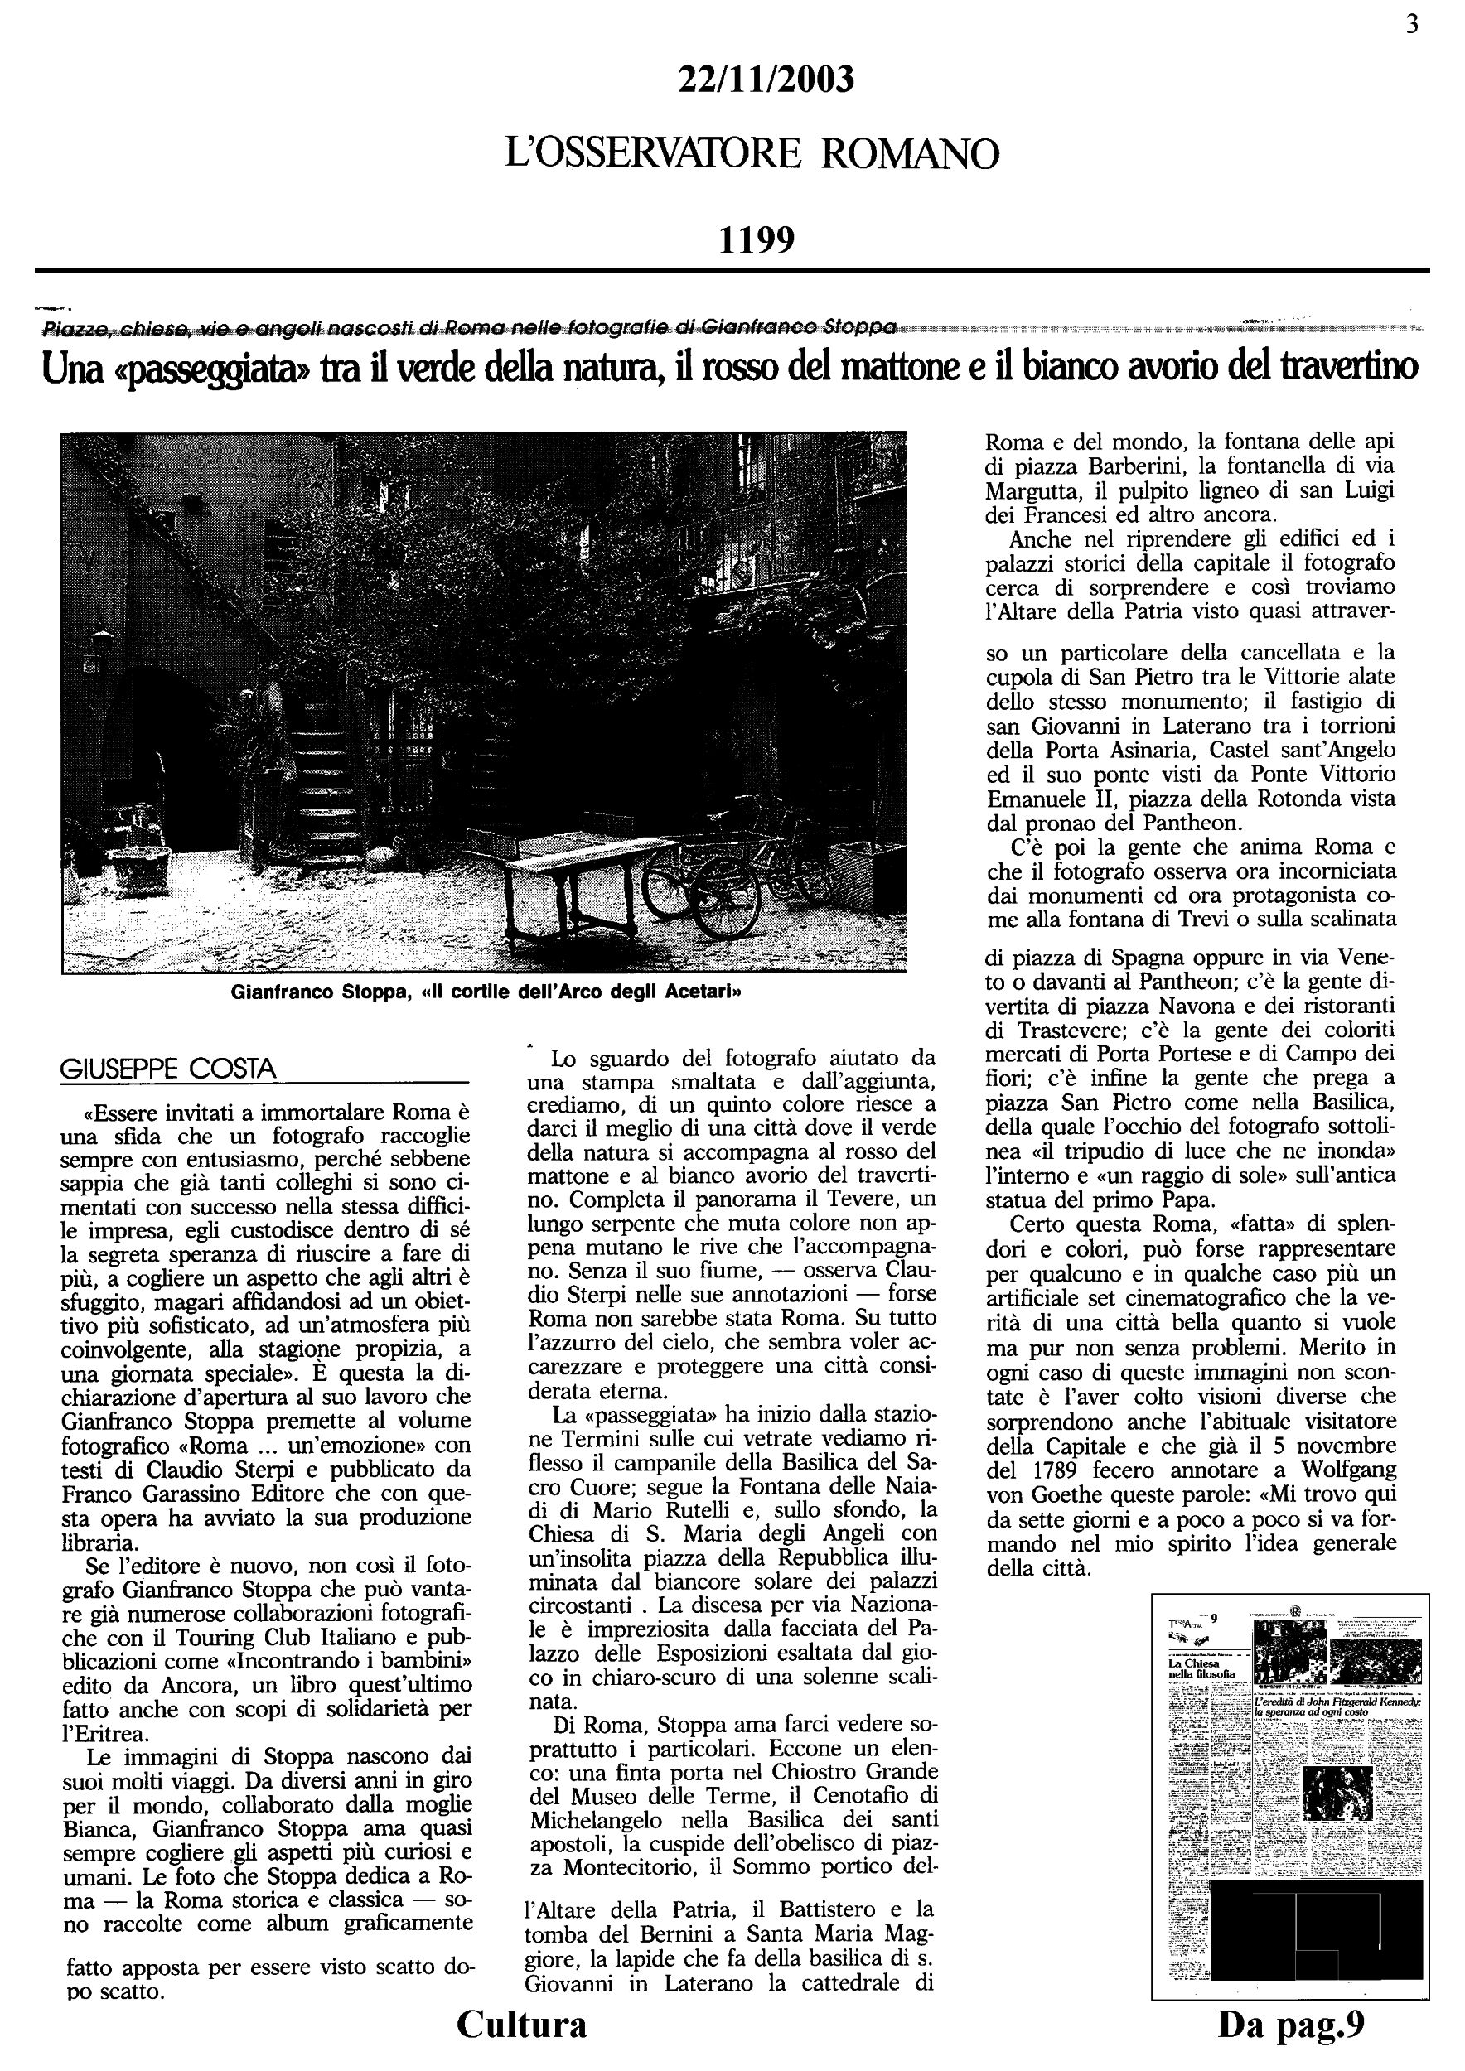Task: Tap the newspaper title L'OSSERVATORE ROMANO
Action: pyautogui.click(x=752, y=154)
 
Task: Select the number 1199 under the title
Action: pyautogui.click(x=756, y=240)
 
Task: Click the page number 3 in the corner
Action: pyautogui.click(x=1412, y=24)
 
